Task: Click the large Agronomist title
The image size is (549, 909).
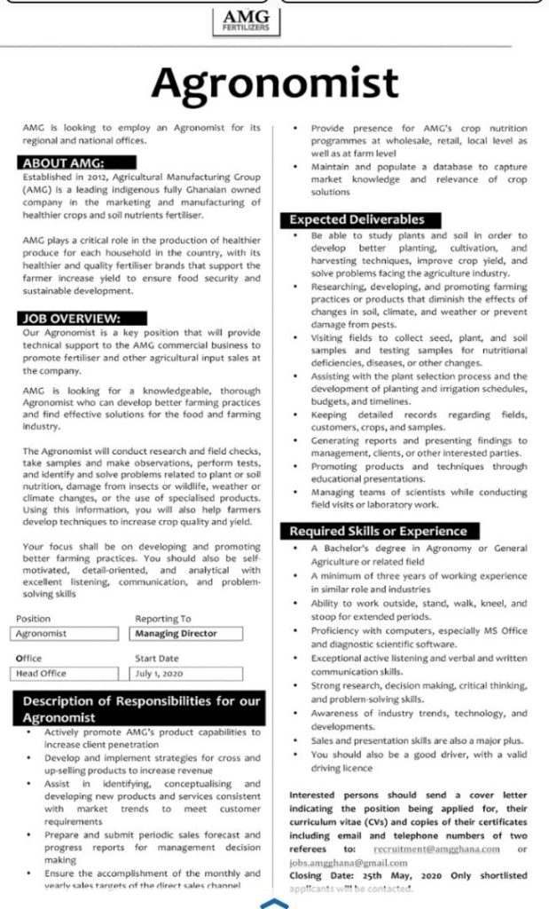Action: pyautogui.click(x=274, y=83)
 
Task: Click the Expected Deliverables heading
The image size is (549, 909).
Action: pyautogui.click(x=356, y=219)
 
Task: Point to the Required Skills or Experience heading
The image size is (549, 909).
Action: pyautogui.click(x=378, y=531)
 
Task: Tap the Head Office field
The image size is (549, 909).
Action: pyautogui.click(x=69, y=673)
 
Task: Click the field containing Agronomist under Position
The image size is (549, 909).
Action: pyautogui.click(x=69, y=633)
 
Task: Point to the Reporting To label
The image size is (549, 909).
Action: pyautogui.click(x=162, y=619)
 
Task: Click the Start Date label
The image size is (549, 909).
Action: pyautogui.click(x=157, y=658)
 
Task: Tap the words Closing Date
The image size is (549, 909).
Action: pyautogui.click(x=319, y=875)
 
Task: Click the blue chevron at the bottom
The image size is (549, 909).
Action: pyautogui.click(x=274, y=903)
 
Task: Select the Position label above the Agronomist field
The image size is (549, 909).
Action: pyautogui.click(x=33, y=619)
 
